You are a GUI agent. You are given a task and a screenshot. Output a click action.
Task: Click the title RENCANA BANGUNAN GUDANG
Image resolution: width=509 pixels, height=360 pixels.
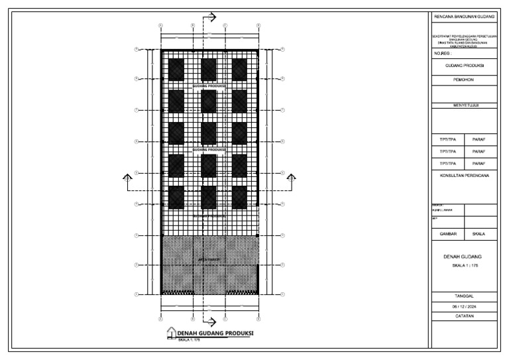coord(463,15)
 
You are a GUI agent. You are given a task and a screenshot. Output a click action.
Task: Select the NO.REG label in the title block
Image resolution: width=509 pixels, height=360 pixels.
coord(443,53)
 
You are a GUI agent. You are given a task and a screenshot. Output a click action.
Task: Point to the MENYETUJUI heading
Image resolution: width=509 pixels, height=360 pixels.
coord(463,105)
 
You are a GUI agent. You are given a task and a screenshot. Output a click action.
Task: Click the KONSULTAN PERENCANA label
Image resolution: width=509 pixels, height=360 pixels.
coord(463,176)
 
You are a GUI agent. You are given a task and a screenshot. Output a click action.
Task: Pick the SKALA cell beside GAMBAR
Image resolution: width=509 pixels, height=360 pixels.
coord(479,234)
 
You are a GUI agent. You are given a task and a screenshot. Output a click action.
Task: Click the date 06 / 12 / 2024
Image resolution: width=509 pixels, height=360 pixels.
coord(463,307)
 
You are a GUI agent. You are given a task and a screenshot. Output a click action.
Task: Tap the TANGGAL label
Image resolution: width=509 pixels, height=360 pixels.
coord(463,296)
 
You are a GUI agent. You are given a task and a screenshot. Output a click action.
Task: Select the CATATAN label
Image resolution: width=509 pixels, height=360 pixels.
coord(463,316)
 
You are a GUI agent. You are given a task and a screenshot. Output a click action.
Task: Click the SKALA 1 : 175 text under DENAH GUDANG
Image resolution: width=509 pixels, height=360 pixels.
coord(463,265)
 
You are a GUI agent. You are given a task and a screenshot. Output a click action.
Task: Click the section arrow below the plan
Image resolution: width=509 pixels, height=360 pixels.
coord(211,322)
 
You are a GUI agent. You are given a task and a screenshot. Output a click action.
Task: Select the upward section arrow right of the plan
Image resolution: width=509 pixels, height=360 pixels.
coord(291,176)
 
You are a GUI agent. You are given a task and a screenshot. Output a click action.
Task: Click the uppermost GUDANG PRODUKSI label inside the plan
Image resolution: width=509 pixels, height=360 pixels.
coord(209,86)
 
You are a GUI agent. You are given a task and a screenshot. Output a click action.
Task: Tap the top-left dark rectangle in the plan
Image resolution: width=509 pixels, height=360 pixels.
coord(176,69)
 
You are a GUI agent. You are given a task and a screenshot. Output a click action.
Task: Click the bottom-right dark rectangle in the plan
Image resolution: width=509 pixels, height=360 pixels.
coord(239,197)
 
